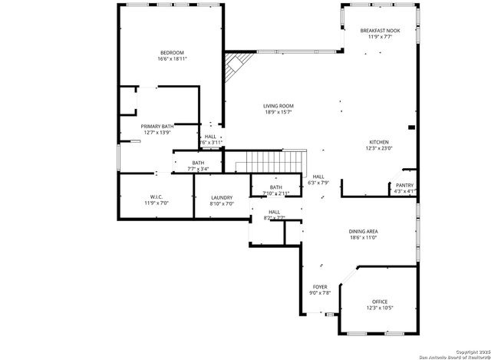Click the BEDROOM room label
tap(172, 52)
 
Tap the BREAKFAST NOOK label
tap(381, 31)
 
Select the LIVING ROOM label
tap(278, 106)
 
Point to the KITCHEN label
tap(379, 142)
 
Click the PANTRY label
tap(404, 185)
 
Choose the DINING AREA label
tap(384, 231)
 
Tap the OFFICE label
tap(380, 302)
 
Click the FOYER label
tap(320, 286)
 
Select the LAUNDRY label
tap(221, 197)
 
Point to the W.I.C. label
tap(156, 197)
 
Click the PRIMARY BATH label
tap(157, 126)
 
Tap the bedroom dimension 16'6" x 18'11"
tap(172, 58)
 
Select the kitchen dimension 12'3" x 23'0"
tap(379, 149)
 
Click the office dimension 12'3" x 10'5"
tap(380, 309)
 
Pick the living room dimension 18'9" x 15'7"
tap(278, 113)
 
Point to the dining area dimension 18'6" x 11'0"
tap(384, 238)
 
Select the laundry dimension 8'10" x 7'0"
tap(221, 204)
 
